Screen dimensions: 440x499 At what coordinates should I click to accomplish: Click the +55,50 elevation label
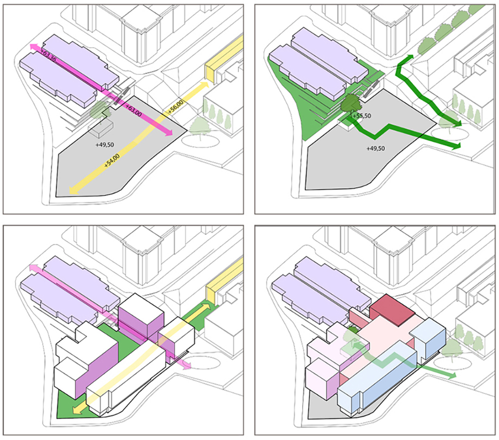(x=361, y=116)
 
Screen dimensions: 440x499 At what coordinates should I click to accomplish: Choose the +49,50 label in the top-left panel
(x=105, y=144)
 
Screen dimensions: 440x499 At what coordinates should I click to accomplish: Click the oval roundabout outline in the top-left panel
(x=199, y=139)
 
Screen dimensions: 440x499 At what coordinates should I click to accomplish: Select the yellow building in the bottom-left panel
(x=218, y=291)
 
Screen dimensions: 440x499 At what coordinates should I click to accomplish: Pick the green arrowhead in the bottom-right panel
(x=451, y=375)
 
